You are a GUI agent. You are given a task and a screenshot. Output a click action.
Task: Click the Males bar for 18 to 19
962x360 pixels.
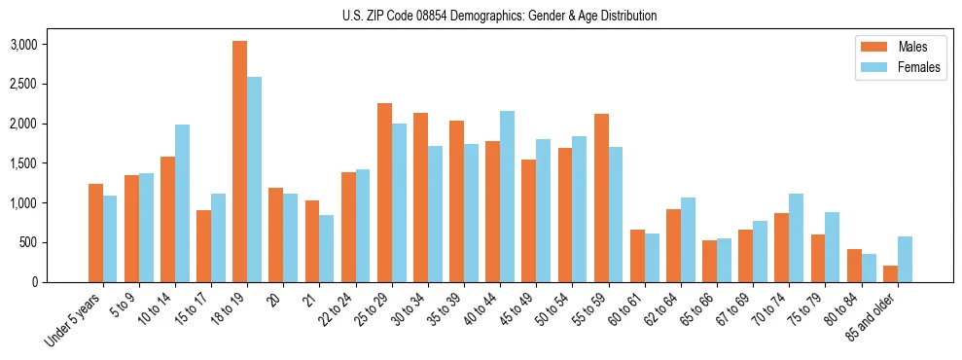[x=239, y=162]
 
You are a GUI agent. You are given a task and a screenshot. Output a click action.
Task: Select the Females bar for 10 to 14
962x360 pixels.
[x=182, y=203]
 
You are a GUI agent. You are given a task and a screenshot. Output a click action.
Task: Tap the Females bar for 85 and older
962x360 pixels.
[x=905, y=259]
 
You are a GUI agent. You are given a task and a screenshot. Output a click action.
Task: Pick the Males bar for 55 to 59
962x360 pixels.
[x=601, y=198]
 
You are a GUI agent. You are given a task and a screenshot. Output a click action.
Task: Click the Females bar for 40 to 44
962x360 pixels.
[x=507, y=197]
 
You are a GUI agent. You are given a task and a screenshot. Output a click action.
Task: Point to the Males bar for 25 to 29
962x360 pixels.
[x=384, y=193]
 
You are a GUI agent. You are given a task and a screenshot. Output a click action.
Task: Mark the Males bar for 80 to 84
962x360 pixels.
[x=853, y=266]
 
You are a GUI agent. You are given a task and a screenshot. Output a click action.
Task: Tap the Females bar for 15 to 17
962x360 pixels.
[x=218, y=238]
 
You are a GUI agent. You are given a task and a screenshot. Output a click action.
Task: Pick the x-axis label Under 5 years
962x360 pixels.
[x=76, y=319]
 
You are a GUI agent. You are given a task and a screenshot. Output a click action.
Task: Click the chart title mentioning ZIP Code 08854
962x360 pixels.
[x=499, y=16]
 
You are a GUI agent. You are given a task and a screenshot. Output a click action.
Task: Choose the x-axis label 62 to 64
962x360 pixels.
[x=644, y=310]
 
